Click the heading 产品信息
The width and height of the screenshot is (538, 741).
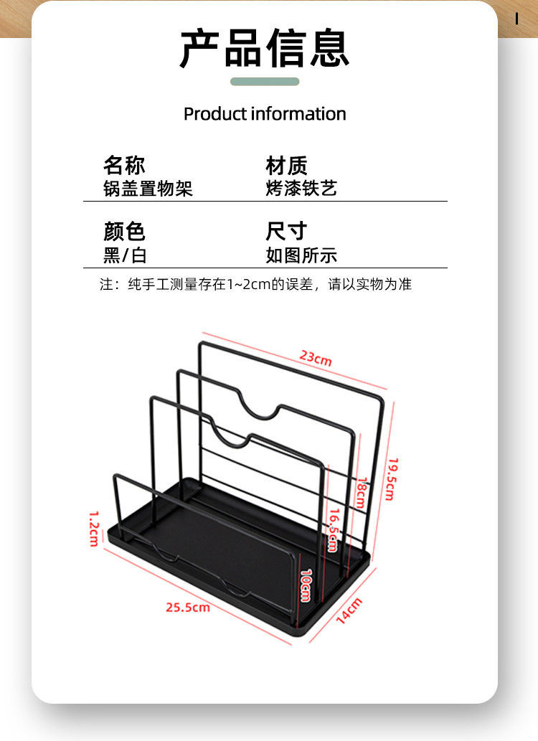pos(265,48)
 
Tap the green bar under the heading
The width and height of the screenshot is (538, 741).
pos(265,82)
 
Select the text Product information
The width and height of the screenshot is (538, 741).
pos(265,114)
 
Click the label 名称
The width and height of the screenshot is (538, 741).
pos(124,166)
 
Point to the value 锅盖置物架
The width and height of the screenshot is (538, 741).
pos(148,189)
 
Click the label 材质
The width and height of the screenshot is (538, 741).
pos(286,166)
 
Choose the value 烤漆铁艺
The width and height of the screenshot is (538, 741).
pos(301,189)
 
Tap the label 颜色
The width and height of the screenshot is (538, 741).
pos(124,231)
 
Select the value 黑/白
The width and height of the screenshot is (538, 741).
pos(125,255)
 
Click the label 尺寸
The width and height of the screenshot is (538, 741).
pos(286,231)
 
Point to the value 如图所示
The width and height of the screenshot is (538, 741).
pos(301,255)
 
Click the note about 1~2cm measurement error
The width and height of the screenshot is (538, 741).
pos(256,284)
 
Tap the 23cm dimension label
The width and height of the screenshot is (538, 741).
pos(316,358)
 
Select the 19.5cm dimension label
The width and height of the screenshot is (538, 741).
pos(391,478)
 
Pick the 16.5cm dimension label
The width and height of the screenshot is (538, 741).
pos(333,529)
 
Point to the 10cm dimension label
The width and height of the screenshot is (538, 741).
pos(305,585)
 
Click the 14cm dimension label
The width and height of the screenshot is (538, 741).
pos(349,610)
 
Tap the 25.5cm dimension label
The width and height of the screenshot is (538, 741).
pos(188,607)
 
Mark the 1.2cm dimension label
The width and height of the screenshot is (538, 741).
pos(93,528)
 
